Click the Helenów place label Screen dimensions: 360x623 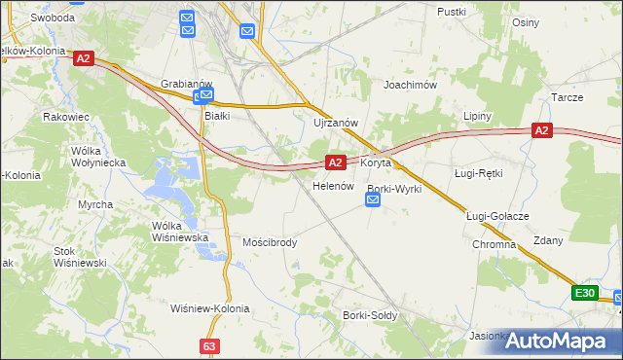coord(331,186)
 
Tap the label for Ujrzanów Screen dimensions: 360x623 coord(337,124)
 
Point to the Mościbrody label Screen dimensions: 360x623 coord(270,242)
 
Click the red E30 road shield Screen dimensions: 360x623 coord(584,293)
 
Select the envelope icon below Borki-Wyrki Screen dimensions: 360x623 coord(374,200)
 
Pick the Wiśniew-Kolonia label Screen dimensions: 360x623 coord(209,308)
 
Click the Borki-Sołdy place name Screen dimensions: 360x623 coord(368,315)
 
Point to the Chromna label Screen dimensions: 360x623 coord(495,244)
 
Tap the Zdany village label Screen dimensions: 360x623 coord(547,240)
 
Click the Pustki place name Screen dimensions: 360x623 coord(453,12)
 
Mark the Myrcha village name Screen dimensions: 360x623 coord(95,204)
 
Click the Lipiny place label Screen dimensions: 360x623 coord(477,116)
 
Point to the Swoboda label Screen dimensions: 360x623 coord(53,18)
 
